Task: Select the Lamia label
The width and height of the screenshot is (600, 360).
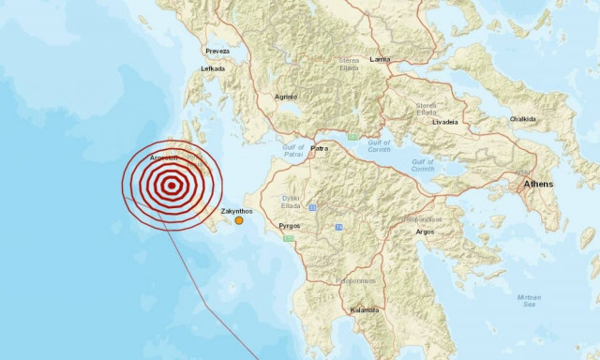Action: pyautogui.click(x=380, y=59)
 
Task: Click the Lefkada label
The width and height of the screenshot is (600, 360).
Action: pyautogui.click(x=214, y=68)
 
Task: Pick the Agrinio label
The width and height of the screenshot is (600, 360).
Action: pyautogui.click(x=285, y=97)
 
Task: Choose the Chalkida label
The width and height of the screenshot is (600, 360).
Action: pyautogui.click(x=522, y=119)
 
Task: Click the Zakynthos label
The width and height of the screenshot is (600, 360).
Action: pyautogui.click(x=236, y=212)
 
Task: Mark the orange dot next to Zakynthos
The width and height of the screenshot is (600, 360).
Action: pyautogui.click(x=239, y=221)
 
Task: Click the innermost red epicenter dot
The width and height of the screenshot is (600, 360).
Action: pyautogui.click(x=171, y=186)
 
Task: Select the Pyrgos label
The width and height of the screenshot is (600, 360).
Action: pyautogui.click(x=290, y=227)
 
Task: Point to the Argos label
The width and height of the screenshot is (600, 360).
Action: pyautogui.click(x=424, y=231)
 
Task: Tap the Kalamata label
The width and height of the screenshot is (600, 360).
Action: pyautogui.click(x=363, y=309)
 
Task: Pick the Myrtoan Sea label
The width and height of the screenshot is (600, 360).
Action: pyautogui.click(x=529, y=300)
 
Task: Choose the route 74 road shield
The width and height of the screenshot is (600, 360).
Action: pyautogui.click(x=332, y=227)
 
